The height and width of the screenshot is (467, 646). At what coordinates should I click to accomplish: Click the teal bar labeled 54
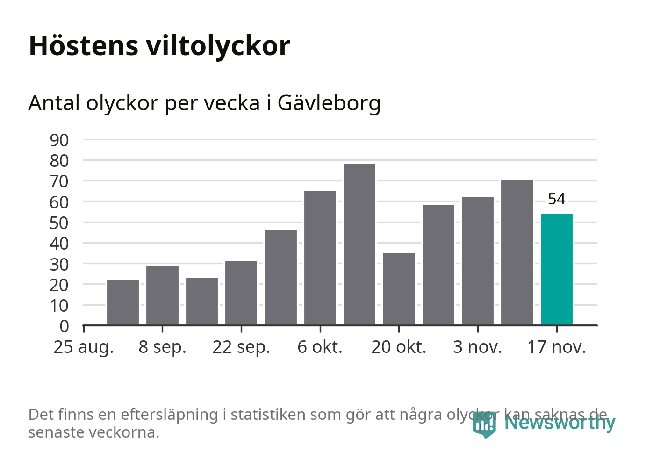[556, 269]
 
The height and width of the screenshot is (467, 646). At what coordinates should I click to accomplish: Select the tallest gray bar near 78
[359, 244]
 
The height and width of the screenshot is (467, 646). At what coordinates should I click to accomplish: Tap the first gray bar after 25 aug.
[123, 302]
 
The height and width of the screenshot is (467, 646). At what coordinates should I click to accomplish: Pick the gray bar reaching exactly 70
[517, 252]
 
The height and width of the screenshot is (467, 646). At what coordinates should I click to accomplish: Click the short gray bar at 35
[399, 288]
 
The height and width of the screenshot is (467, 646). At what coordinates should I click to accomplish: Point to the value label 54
[556, 199]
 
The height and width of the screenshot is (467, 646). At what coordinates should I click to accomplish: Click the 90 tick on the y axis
[59, 140]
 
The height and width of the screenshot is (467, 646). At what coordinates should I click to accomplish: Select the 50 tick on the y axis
[59, 223]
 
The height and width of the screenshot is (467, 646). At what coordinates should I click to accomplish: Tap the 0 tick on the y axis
[64, 326]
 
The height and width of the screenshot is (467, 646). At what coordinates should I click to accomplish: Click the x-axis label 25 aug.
[84, 347]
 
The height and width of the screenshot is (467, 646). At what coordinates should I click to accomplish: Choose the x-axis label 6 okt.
[320, 347]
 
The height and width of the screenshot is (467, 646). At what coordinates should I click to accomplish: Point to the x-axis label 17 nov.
[556, 347]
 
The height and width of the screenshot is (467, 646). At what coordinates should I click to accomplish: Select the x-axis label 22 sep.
[241, 347]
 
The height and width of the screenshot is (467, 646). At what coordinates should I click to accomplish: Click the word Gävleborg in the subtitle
[329, 103]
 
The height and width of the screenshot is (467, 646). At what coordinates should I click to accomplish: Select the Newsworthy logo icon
[484, 424]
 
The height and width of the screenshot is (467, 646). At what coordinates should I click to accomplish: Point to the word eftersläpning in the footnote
[169, 415]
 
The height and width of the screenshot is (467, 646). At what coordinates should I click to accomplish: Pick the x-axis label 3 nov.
[477, 347]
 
